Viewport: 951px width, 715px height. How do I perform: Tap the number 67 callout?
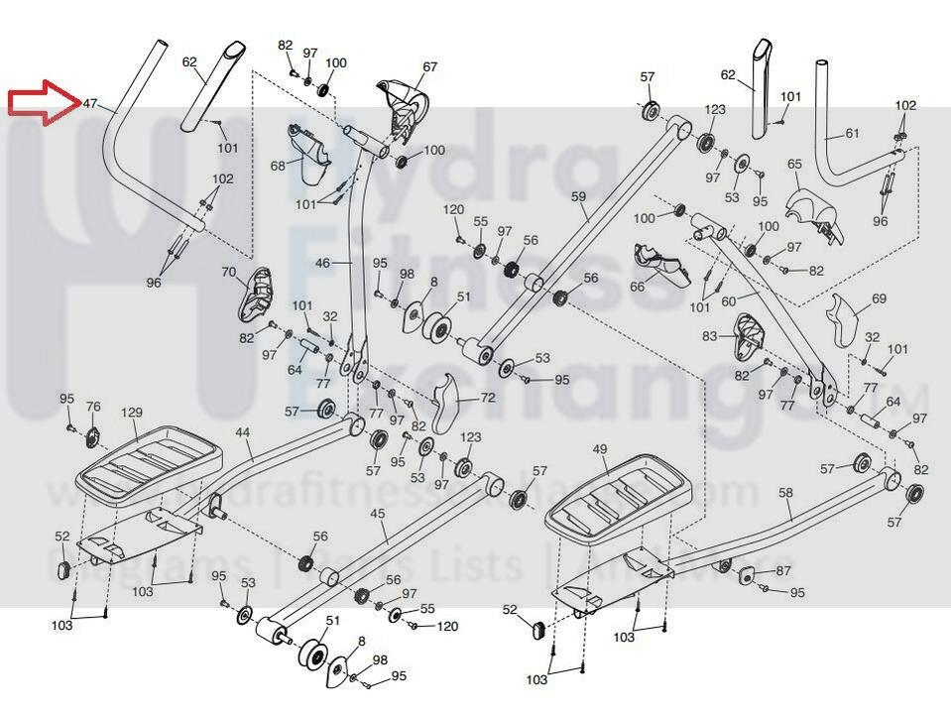429,67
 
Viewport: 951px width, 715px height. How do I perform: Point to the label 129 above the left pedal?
132,413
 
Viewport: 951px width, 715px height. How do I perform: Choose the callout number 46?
323,264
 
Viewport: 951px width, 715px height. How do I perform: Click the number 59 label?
579,196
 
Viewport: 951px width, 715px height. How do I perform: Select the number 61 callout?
852,133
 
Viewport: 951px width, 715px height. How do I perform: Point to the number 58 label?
785,492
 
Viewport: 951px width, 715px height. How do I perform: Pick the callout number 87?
782,570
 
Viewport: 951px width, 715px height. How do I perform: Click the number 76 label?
93,407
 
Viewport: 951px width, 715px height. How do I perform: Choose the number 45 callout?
377,514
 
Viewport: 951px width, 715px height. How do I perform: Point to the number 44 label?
243,432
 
